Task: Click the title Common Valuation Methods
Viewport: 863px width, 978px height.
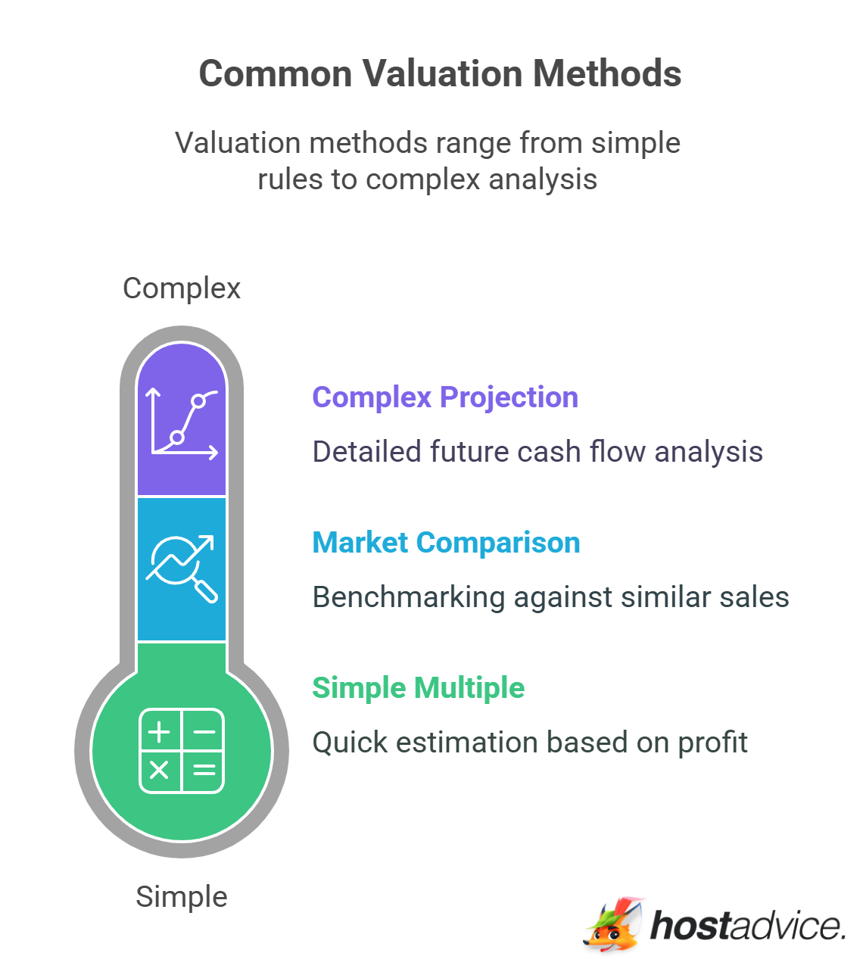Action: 440,73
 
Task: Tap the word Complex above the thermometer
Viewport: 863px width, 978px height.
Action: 182,288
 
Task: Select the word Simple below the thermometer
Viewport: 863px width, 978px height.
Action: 182,896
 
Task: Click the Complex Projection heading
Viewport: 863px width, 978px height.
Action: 445,397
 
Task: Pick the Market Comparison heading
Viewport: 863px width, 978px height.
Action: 446,542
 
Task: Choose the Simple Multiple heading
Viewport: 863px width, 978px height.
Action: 418,687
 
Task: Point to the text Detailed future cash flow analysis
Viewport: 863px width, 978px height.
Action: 537,452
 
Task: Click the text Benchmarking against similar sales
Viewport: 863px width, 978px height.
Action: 550,597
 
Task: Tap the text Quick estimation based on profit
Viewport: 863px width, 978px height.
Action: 530,742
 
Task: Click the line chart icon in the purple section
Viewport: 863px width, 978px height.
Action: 182,423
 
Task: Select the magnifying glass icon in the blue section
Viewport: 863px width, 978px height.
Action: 182,568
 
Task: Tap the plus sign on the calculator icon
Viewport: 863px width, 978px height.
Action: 159,732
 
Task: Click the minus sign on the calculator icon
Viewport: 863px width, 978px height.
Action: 204,732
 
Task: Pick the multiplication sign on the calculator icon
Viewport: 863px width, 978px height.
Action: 159,770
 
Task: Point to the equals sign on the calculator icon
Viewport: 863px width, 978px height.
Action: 204,770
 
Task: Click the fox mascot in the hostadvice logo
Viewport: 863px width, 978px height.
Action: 614,925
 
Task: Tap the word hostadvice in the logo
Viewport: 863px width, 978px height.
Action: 748,925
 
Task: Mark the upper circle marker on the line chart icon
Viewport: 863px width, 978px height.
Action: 198,401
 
